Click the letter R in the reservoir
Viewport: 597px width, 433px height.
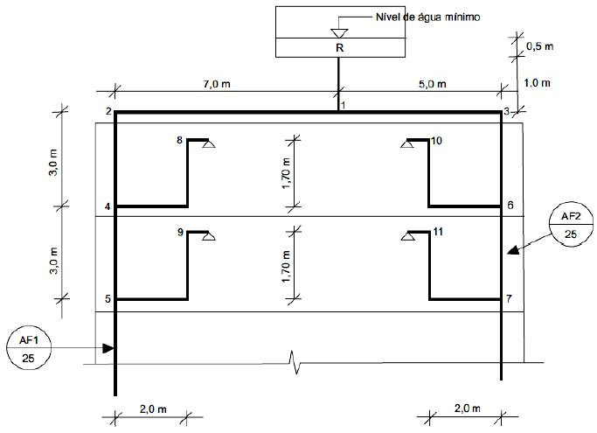click(340, 48)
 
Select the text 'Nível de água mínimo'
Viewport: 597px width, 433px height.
click(427, 17)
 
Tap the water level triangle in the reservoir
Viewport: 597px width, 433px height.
click(339, 33)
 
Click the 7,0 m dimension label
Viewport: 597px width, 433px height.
click(217, 84)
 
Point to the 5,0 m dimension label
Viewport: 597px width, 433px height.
click(432, 84)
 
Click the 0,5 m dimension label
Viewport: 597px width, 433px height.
click(539, 46)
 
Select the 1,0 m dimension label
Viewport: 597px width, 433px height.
click(537, 83)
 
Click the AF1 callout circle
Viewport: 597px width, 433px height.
click(29, 348)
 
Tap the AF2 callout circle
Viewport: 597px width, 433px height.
click(571, 225)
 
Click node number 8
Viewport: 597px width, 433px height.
click(180, 140)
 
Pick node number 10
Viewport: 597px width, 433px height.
click(436, 141)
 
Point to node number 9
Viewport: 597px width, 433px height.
click(180, 232)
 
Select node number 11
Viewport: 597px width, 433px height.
click(438, 232)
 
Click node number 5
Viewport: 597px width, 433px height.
click(108, 299)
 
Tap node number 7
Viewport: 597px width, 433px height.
click(509, 298)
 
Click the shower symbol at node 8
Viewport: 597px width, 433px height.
click(209, 143)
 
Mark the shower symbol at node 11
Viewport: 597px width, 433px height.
click(408, 236)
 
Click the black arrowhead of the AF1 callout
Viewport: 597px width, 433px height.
click(108, 348)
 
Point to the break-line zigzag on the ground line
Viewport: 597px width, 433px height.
click(295, 362)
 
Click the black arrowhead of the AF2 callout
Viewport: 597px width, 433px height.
click(514, 249)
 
